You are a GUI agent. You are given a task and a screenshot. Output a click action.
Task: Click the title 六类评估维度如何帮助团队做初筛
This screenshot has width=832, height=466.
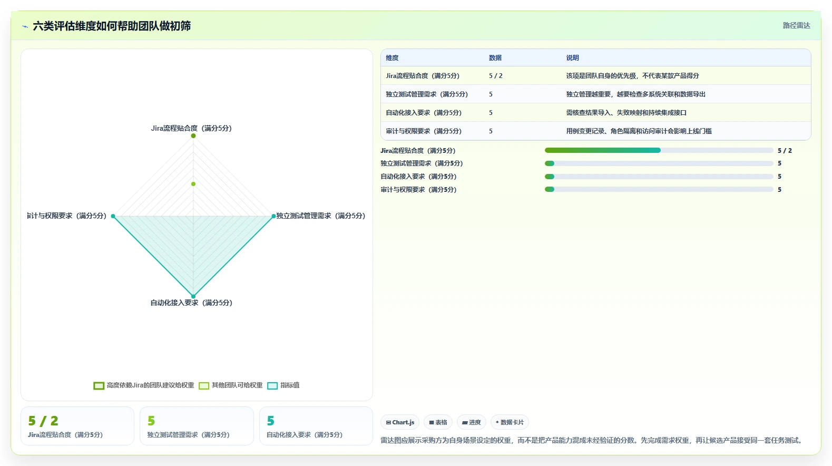[112, 26]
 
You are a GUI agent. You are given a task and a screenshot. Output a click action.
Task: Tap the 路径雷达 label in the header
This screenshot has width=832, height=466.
[796, 26]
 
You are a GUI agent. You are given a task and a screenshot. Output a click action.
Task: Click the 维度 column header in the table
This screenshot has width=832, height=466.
[392, 57]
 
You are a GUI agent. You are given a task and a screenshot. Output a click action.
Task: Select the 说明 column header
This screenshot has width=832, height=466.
[572, 57]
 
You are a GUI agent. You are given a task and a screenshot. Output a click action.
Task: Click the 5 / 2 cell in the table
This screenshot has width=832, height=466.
[495, 76]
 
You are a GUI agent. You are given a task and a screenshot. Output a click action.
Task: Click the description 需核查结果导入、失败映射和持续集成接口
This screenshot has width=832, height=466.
[626, 113]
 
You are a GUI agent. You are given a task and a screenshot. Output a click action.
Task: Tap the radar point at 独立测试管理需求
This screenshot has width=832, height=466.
[273, 216]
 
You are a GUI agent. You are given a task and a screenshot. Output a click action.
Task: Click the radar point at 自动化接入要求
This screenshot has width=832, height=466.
[193, 296]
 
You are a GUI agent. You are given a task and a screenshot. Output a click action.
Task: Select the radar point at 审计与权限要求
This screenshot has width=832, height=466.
[113, 216]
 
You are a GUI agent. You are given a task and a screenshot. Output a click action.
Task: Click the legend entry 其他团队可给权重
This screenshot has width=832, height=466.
[231, 385]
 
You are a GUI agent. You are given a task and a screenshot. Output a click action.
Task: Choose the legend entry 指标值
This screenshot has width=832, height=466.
[283, 385]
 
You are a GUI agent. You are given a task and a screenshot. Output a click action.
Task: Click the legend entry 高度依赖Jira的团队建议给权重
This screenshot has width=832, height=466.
[144, 385]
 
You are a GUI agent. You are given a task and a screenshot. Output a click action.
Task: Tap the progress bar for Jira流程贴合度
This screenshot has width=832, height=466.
[659, 150]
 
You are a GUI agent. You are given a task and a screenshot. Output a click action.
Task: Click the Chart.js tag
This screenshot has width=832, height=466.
[400, 422]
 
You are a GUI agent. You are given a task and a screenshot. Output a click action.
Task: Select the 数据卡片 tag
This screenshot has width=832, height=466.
[510, 422]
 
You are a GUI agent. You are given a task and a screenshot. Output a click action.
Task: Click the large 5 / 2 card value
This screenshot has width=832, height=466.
[43, 421]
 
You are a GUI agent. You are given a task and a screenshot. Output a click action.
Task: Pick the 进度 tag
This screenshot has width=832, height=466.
[472, 422]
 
